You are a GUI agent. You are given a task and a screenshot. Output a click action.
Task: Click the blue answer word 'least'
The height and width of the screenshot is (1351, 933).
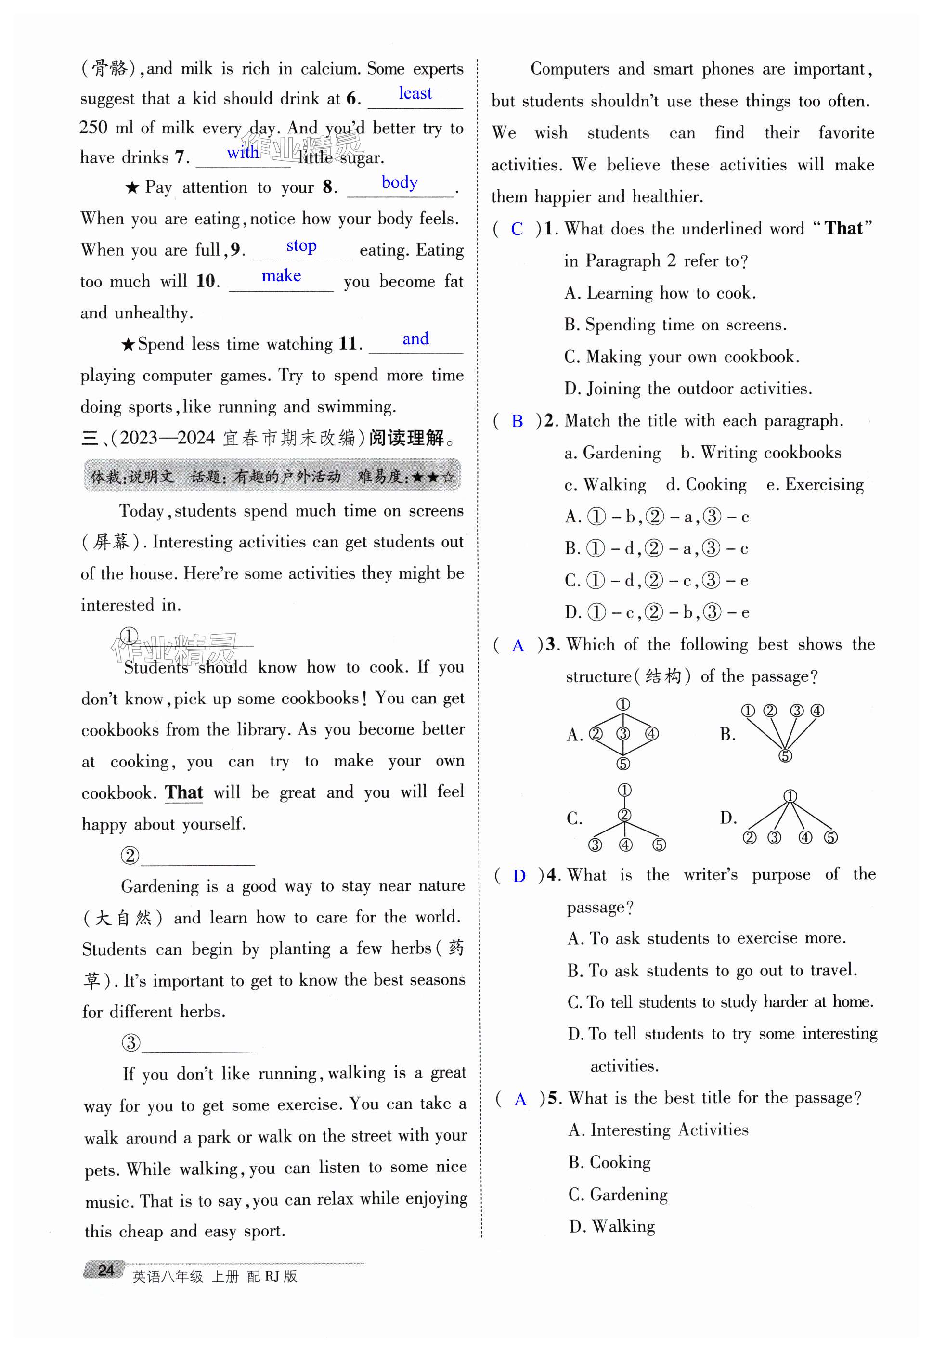[415, 93]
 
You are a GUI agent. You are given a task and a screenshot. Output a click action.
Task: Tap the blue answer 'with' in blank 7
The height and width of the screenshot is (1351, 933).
[243, 153]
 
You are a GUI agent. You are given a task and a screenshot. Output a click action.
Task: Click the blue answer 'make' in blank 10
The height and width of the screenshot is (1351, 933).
[281, 276]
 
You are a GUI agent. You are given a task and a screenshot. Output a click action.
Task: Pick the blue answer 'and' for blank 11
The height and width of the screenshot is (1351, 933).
[415, 339]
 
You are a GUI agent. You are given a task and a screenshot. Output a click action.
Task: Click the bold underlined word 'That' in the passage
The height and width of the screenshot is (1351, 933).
[183, 792]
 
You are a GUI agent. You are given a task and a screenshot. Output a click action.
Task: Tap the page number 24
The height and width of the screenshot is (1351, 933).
[106, 1270]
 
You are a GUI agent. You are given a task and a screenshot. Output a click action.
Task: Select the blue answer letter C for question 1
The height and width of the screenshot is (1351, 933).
[517, 229]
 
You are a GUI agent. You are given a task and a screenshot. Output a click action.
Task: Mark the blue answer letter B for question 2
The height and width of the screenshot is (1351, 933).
[517, 421]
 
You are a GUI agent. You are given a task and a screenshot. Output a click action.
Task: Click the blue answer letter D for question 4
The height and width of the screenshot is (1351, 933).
[518, 876]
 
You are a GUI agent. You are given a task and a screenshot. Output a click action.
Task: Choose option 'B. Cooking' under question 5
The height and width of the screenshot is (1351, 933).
[609, 1162]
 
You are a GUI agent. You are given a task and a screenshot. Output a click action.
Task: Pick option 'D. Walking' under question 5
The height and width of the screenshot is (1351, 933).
[611, 1226]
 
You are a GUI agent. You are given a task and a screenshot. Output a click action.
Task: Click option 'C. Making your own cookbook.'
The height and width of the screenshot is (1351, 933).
[682, 357]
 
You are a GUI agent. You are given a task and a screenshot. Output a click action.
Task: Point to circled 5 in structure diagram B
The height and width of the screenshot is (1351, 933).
[785, 756]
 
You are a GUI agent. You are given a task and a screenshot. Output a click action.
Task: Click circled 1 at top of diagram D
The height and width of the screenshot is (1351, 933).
[790, 796]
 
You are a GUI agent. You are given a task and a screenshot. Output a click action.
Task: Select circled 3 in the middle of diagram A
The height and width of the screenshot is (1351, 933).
[623, 734]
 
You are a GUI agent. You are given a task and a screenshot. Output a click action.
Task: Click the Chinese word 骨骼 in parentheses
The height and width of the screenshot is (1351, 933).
[109, 69]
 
